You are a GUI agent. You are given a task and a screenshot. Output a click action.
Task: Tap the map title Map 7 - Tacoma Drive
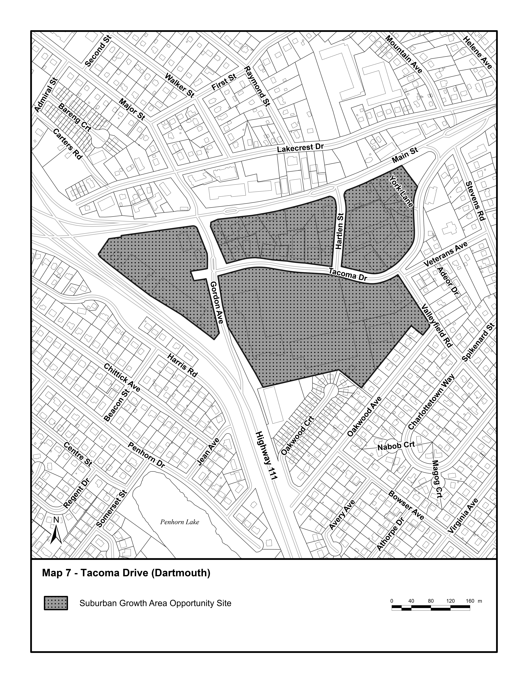[126, 573]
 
